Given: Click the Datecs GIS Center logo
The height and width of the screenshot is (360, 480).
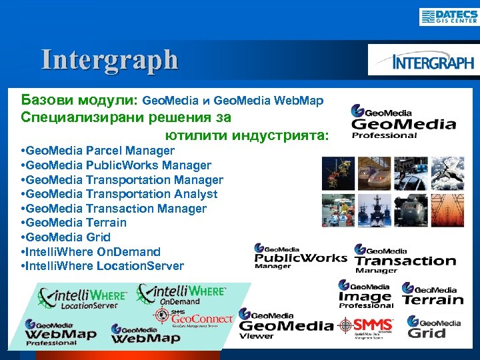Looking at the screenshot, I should pyautogui.click(x=448, y=16).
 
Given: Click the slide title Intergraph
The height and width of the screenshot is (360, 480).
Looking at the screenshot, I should pyautogui.click(x=110, y=59).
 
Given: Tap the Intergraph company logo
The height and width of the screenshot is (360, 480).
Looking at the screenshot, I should pyautogui.click(x=424, y=61).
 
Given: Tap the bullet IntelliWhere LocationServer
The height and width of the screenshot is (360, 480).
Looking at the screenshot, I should pyautogui.click(x=103, y=266).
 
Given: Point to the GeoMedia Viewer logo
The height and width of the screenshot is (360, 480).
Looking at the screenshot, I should pyautogui.click(x=285, y=325).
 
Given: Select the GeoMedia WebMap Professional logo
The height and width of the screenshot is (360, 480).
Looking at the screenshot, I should pyautogui.click(x=61, y=332).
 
